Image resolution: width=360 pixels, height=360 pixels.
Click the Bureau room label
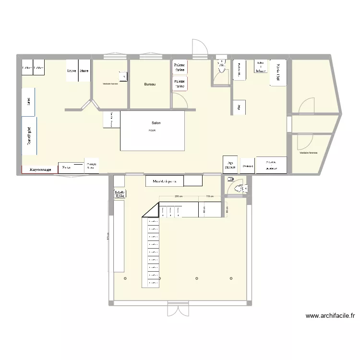(150, 84)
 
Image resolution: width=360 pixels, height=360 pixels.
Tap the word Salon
(156, 123)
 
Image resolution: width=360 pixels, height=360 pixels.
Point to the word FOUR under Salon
(152, 131)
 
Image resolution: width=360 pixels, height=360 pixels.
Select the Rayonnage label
(40, 169)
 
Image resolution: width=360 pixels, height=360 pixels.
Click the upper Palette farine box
(180, 67)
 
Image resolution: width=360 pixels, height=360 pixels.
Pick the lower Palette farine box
(180, 84)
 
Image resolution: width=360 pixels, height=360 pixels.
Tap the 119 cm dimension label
(209, 197)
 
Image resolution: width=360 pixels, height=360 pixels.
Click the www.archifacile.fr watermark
(330, 316)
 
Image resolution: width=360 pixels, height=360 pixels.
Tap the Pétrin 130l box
(278, 72)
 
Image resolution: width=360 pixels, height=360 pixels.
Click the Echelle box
(120, 193)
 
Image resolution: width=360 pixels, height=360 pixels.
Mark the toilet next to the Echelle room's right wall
(238, 189)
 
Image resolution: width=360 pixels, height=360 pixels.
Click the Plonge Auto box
(91, 166)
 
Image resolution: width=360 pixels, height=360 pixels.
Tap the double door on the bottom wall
(178, 309)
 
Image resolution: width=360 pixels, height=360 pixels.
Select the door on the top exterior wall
(199, 47)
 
